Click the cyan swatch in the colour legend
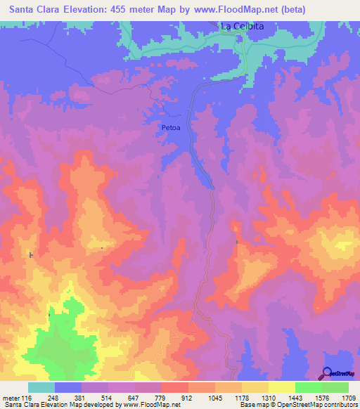41,387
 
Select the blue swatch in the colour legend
69,387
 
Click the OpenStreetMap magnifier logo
328,373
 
